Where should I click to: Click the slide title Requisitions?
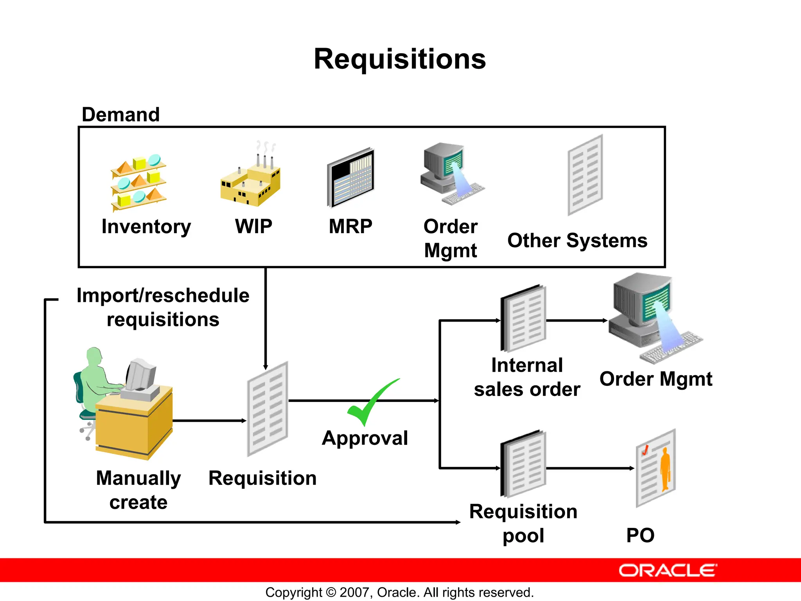click(x=400, y=59)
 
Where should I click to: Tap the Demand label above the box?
click(x=120, y=115)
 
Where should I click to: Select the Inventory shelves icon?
click(x=139, y=182)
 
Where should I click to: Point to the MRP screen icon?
click(x=351, y=178)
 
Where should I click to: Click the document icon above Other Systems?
click(x=585, y=175)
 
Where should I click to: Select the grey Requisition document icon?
click(x=268, y=409)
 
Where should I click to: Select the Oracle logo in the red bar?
click(x=668, y=570)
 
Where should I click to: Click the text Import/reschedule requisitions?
click(x=163, y=307)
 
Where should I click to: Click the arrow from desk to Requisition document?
click(x=209, y=421)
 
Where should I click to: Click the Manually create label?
click(x=138, y=490)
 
